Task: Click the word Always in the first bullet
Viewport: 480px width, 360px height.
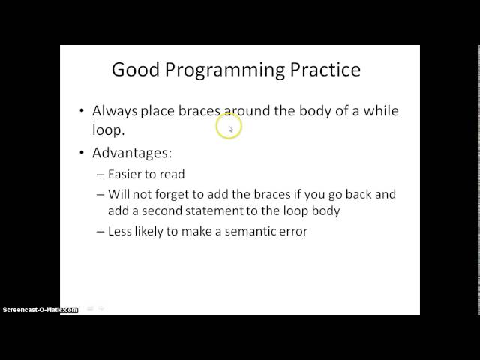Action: click(115, 111)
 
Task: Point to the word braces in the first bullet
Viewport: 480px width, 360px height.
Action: click(199, 111)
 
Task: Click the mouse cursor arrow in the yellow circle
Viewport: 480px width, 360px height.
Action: click(230, 129)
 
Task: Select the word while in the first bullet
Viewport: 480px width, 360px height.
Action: click(379, 111)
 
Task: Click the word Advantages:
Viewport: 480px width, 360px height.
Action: click(132, 153)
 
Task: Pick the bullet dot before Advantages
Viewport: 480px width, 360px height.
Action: click(82, 153)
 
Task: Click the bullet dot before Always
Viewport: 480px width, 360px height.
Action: click(82, 111)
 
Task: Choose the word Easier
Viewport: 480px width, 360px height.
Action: click(127, 175)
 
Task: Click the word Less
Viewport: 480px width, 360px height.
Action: click(120, 232)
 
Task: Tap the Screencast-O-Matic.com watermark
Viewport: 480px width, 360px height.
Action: click(39, 310)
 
